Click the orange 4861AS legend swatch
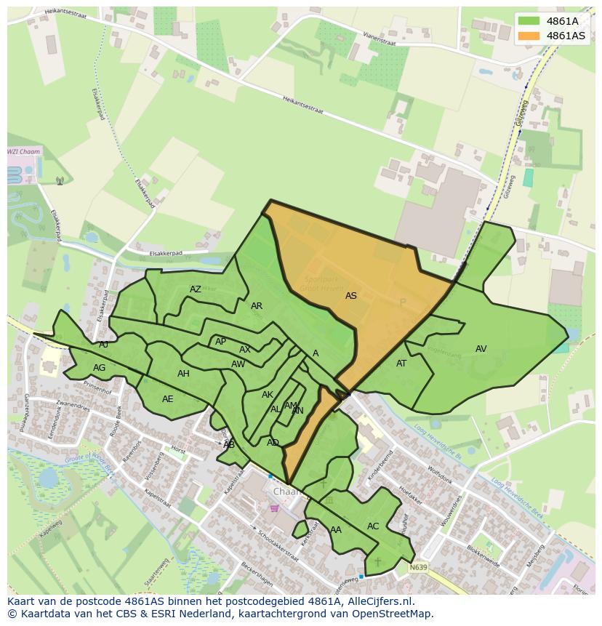coord(529,36)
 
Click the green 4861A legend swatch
coord(529,21)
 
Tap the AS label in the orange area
coord(351,296)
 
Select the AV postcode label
coord(481,349)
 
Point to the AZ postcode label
coord(196,289)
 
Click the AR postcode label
coord(257,306)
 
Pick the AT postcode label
coord(401,364)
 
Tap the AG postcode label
coord(100,368)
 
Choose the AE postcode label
coord(168,399)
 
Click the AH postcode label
coord(183,374)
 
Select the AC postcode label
coord(373,526)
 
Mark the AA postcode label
coord(336,530)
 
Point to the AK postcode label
coord(268,395)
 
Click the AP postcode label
coord(220,342)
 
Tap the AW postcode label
coord(238,364)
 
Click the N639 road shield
coord(417,567)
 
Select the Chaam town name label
coord(286,491)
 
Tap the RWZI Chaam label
coord(24,152)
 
